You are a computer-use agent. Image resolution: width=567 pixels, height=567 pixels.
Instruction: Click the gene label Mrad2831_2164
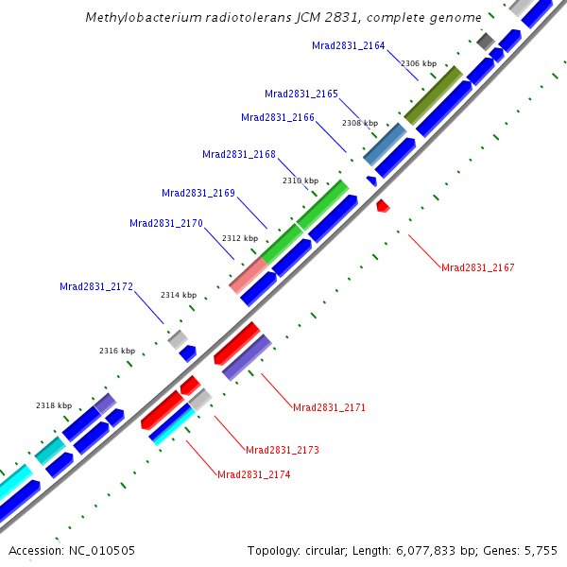coord(349,45)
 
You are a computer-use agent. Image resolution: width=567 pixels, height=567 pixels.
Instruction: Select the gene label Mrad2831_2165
coord(301,94)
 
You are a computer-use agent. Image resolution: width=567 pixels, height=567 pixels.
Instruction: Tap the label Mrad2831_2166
coord(278,118)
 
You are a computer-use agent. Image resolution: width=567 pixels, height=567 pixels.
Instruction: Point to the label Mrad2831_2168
coord(239,154)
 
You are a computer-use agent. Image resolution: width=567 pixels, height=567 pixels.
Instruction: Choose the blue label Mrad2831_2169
coord(198,193)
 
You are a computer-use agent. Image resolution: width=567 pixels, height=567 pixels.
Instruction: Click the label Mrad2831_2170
coord(166,223)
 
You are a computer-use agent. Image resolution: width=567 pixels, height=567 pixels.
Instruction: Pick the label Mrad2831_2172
coord(96,286)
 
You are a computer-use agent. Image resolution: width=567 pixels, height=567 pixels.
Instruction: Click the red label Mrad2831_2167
coord(478,268)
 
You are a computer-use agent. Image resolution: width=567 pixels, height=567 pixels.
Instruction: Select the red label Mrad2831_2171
coord(329,407)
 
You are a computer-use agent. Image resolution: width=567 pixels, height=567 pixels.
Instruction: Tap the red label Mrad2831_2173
coord(283,450)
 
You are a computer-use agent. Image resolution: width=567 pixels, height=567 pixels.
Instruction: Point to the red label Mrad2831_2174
coord(253,474)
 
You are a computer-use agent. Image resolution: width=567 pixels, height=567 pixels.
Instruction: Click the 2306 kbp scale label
coord(419,63)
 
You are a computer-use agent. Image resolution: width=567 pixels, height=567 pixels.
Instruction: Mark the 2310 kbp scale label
coord(301,180)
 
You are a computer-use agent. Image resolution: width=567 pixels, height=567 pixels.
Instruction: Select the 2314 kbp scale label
coord(179,295)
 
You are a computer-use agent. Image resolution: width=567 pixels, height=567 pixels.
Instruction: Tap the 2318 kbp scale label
coord(54,405)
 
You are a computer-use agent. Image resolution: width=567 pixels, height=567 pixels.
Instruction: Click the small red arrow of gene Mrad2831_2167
coord(383,205)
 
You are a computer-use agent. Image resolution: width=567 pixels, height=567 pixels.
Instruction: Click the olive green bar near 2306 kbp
coord(434,94)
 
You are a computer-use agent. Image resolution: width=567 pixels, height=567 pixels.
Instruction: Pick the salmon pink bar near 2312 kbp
coord(249,273)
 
